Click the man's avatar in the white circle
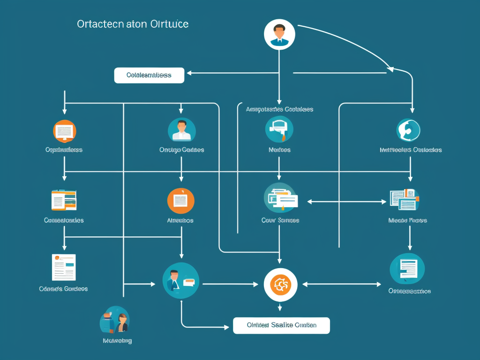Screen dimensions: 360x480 [x=279, y=34]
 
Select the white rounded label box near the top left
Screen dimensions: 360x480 [x=149, y=75]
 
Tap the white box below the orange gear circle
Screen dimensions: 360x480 [x=281, y=325]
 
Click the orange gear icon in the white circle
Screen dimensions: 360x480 [x=280, y=285]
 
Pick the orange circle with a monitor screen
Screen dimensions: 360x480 [x=65, y=131]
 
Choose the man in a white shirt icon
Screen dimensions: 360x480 [x=181, y=130]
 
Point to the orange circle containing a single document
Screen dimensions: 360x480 [x=181, y=201]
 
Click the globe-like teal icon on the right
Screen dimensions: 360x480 [x=408, y=130]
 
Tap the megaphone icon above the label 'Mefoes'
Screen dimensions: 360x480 [x=279, y=129]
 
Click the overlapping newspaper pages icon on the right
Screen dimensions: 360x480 [x=404, y=199]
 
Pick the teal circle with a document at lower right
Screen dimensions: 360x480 [x=407, y=269]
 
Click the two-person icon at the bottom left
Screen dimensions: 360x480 [x=115, y=321]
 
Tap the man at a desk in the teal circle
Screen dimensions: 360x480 [x=180, y=280]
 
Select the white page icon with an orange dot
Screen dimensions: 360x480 [x=64, y=267]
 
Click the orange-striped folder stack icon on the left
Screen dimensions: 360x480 [x=64, y=200]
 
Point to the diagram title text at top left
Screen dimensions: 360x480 [x=133, y=24]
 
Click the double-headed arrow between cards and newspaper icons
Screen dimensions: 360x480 [x=346, y=202]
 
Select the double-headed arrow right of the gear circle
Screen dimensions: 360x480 [x=342, y=284]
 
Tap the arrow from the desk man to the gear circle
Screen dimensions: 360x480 [x=230, y=284]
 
